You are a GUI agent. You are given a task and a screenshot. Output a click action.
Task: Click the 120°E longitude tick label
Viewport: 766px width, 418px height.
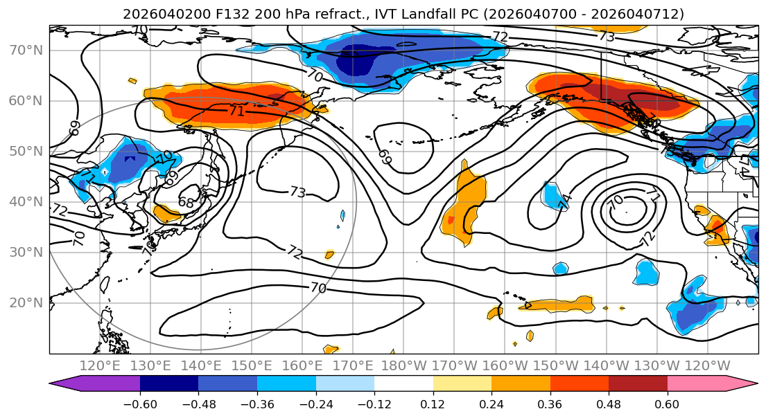(101, 365)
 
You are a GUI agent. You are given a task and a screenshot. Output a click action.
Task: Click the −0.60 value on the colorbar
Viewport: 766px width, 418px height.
(140, 403)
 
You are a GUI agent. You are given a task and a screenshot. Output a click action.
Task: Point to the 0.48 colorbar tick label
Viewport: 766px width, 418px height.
(609, 403)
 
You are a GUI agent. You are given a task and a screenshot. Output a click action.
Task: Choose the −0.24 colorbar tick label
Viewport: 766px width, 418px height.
(315, 403)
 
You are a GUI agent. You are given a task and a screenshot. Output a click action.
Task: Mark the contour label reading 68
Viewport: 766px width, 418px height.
(186, 203)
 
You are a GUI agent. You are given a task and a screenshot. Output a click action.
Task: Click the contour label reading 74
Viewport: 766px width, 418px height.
(564, 201)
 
